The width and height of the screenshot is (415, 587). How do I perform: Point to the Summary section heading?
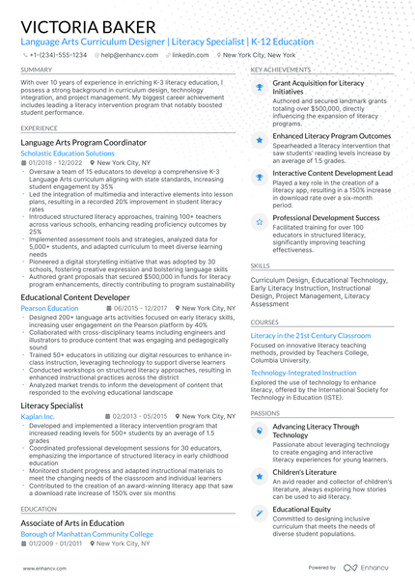coord(37,70)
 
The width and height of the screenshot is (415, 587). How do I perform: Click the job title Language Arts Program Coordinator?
coord(83,142)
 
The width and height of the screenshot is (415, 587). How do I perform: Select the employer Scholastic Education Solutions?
coord(67,154)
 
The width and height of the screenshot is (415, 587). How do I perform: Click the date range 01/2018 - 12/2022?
coord(55,164)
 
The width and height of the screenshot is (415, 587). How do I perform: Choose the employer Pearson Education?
coord(49,309)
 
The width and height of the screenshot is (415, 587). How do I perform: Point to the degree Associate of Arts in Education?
coord(72,523)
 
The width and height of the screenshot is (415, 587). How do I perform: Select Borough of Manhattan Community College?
coord(87,534)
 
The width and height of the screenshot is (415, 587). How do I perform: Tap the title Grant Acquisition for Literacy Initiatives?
coord(318,88)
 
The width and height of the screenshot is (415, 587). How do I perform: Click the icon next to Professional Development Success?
coord(260,220)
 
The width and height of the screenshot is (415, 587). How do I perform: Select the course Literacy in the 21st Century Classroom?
coord(310,335)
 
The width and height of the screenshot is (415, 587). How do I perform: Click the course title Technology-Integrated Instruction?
coord(303,372)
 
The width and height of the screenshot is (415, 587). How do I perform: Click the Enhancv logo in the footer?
coord(371,568)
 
